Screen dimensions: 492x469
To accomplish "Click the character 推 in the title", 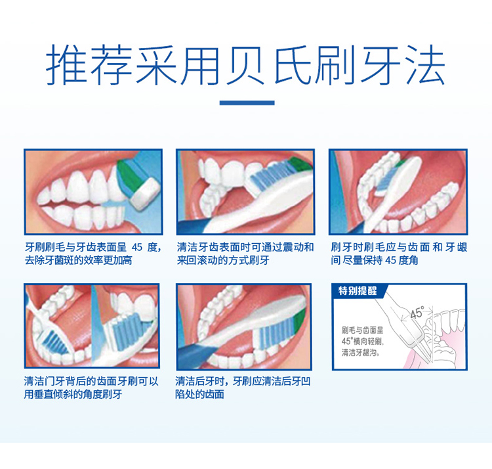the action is coord(66,65).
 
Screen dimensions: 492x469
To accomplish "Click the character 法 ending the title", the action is coord(426,65).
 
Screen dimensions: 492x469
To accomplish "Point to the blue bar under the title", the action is coord(247,102).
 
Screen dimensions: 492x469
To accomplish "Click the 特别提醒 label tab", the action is coord(358,290).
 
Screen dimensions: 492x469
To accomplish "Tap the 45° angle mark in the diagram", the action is coord(417,313).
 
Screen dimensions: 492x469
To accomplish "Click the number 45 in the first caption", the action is coord(137,247).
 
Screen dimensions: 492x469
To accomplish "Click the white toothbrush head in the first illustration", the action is coord(145,194).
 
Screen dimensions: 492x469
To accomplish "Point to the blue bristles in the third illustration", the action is coord(386,179).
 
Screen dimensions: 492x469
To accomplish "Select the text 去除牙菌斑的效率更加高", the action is coord(79,260).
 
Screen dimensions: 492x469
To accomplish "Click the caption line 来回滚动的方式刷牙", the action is coord(223,260).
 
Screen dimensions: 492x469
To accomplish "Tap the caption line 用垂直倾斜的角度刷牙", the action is coord(73,394).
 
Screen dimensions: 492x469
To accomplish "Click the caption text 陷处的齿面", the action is coord(199,394).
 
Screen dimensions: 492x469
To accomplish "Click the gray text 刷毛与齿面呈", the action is coord(362,330).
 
